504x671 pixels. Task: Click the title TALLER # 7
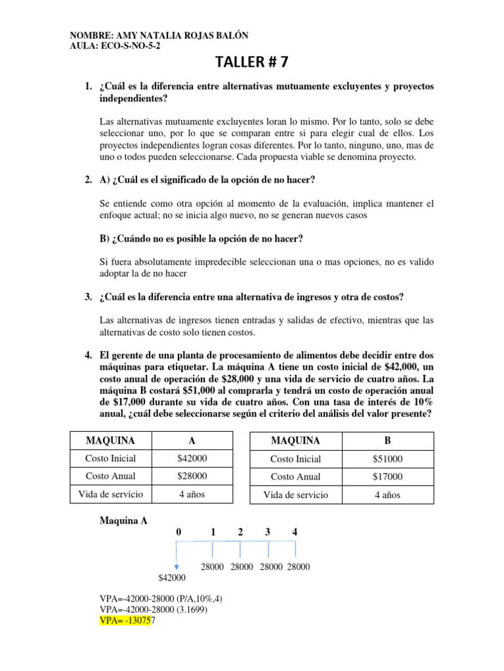point(252,62)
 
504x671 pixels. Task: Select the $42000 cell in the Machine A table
point(192,459)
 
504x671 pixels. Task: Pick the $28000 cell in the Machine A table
point(192,476)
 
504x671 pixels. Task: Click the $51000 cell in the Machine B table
point(387,459)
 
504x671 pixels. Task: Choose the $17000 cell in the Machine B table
point(387,476)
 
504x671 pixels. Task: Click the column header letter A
point(192,440)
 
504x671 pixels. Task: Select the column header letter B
point(387,440)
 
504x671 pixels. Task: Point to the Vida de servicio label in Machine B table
point(295,495)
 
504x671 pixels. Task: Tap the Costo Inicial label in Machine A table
point(110,459)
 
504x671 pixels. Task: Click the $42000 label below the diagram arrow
point(172,577)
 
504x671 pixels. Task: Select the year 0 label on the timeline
point(178,532)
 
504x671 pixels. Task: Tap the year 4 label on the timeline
point(295,532)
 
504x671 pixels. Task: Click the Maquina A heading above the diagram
point(123,521)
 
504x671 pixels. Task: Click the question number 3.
point(88,297)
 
